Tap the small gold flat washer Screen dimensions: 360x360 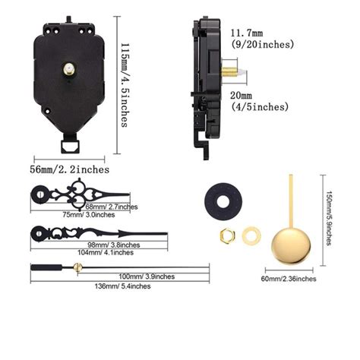251,236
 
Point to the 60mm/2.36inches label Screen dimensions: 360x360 290,279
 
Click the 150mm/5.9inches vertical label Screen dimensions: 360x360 327,217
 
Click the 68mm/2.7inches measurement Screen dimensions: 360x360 112,206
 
